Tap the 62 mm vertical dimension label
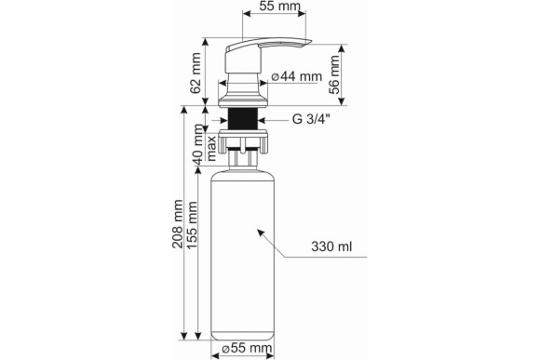(196, 73)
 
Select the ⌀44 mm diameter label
(296, 76)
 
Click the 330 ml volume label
(332, 249)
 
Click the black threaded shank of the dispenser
(245, 118)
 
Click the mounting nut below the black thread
(245, 140)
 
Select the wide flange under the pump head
(245, 95)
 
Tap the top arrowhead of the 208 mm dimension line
(182, 108)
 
